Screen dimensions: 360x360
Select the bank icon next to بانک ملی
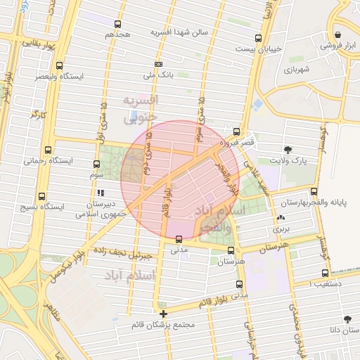pyautogui.click(x=159, y=62)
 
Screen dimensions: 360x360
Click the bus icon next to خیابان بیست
pyautogui.click(x=258, y=38)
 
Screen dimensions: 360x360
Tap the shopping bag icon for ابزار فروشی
pyautogui.click(x=338, y=34)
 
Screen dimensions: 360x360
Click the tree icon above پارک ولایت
pyautogui.click(x=288, y=149)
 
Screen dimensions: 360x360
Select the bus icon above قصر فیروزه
pyautogui.click(x=236, y=131)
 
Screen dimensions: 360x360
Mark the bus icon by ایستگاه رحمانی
pyautogui.click(x=48, y=150)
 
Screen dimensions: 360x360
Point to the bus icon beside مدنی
pyautogui.click(x=179, y=239)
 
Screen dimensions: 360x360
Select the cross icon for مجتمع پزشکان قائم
pyautogui.click(x=163, y=314)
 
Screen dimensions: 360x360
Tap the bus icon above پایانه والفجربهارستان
pyautogui.click(x=314, y=191)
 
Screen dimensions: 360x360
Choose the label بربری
pyautogui.click(x=281, y=229)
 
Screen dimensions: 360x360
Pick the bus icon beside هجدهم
pyautogui.click(x=117, y=24)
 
